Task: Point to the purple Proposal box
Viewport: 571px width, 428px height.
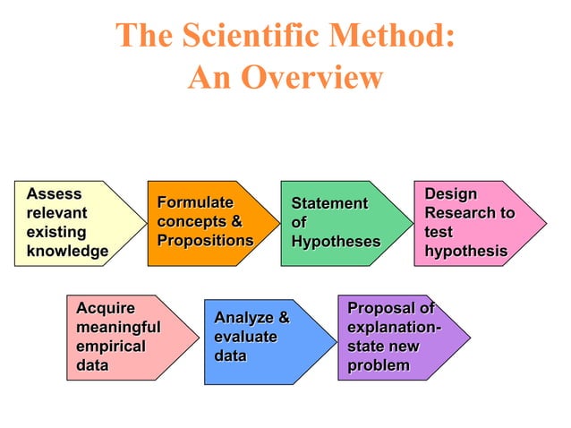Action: pos(394,337)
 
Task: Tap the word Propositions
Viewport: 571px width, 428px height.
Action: pos(205,241)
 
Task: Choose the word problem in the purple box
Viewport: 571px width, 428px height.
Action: pos(378,365)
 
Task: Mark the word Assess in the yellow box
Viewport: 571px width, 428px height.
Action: pos(54,193)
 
